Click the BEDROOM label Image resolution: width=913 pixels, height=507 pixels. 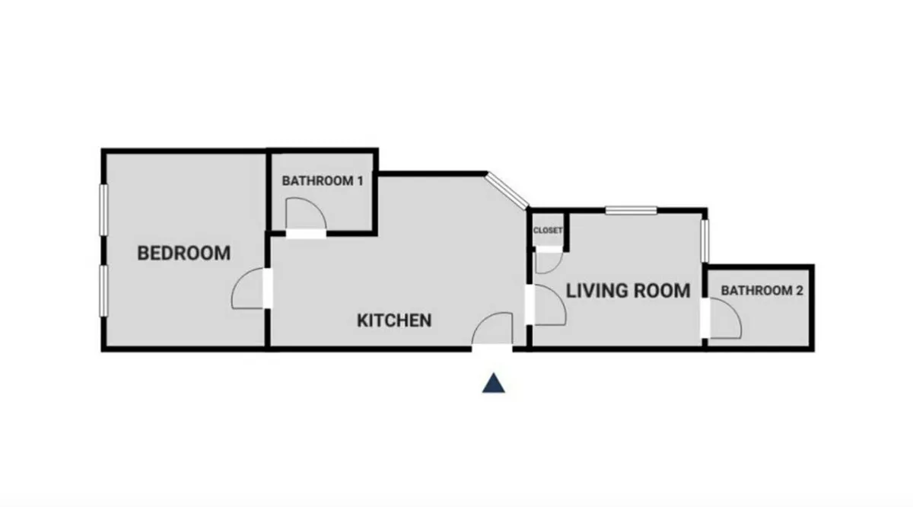click(x=183, y=253)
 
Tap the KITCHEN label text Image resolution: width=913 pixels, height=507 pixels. click(x=394, y=320)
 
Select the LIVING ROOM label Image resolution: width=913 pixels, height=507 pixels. click(x=628, y=290)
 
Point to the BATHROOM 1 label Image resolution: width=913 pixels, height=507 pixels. click(x=323, y=181)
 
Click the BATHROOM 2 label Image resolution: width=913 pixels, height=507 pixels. click(x=762, y=290)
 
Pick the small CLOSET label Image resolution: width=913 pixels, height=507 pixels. click(x=548, y=230)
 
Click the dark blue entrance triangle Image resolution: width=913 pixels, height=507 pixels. click(x=494, y=384)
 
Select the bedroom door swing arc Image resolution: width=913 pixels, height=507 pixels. click(x=247, y=289)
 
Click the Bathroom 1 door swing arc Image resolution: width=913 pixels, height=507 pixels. click(x=304, y=212)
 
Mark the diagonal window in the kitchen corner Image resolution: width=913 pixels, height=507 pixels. click(x=507, y=190)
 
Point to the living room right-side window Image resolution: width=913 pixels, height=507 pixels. click(x=705, y=241)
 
